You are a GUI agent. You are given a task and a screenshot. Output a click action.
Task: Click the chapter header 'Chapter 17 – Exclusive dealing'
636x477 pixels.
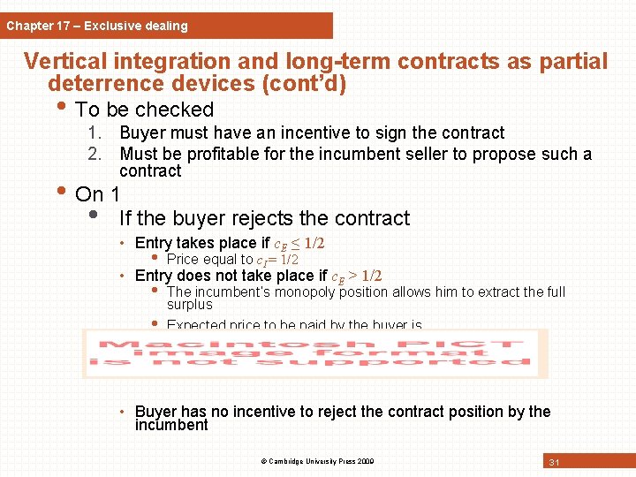[97, 26]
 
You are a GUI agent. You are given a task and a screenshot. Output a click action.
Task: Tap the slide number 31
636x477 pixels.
[555, 462]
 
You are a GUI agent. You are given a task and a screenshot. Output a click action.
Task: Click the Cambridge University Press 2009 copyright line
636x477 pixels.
[316, 461]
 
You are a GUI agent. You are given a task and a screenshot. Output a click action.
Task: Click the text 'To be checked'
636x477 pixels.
[145, 110]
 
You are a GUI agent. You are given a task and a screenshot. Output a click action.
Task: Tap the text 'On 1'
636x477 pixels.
[98, 194]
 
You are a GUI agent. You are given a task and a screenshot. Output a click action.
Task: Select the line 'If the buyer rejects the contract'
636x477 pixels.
[264, 218]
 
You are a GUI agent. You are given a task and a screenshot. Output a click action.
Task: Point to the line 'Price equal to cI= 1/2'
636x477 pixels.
[231, 260]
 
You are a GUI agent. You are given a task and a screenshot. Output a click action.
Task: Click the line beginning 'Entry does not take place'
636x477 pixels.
[258, 276]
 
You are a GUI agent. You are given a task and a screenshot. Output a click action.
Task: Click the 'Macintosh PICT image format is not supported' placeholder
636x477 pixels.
[314, 353]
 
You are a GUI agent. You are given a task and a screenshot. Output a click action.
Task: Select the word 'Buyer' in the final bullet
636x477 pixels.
[155, 412]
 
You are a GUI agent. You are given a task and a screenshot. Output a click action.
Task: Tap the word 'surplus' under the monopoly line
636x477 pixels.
[189, 305]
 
